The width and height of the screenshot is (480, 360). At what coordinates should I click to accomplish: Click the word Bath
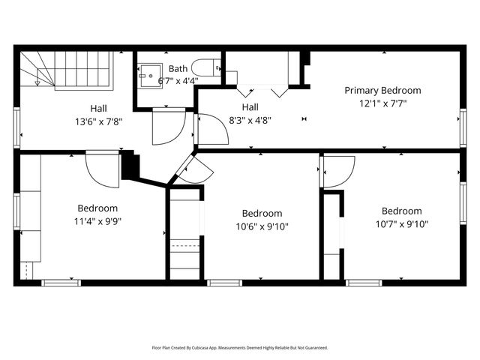tap(178, 68)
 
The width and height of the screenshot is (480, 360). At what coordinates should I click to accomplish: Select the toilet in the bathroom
tap(206, 67)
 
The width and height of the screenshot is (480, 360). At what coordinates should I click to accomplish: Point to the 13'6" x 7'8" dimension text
tap(98, 121)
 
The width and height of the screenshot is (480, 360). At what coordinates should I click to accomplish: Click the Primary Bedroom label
tap(382, 90)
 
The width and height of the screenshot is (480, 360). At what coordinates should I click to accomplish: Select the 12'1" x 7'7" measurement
tap(382, 103)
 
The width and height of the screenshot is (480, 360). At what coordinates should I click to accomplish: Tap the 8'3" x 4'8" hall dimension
tap(250, 119)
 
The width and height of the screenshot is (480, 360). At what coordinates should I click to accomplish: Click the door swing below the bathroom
tap(166, 126)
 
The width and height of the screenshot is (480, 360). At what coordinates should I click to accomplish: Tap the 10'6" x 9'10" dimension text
tap(262, 226)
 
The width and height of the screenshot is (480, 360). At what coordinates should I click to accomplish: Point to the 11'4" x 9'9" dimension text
tap(97, 221)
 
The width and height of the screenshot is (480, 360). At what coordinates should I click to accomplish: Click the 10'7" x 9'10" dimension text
tap(401, 223)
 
